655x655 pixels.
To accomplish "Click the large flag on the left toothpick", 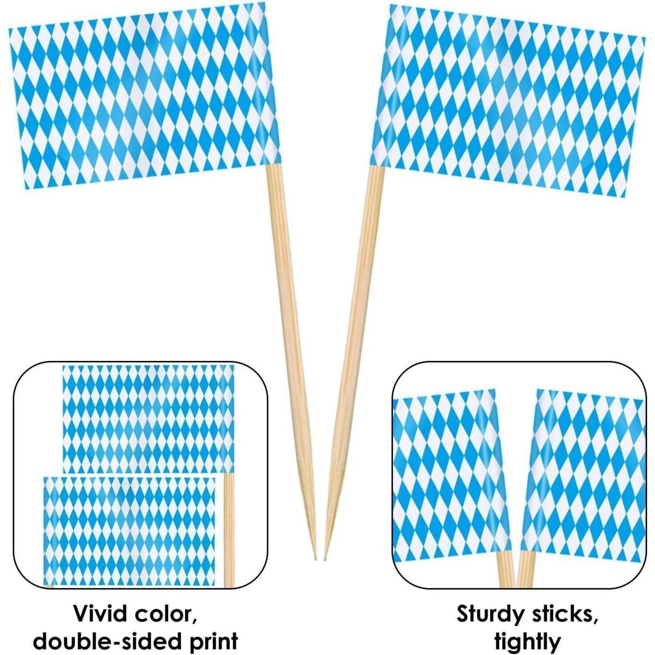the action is [x=143, y=97].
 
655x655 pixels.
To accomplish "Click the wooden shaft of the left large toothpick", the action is [x=292, y=362].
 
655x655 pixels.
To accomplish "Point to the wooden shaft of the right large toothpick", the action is [x=354, y=362].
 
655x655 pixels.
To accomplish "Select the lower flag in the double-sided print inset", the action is [x=130, y=531].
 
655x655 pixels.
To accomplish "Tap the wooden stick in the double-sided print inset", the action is [x=229, y=531].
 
